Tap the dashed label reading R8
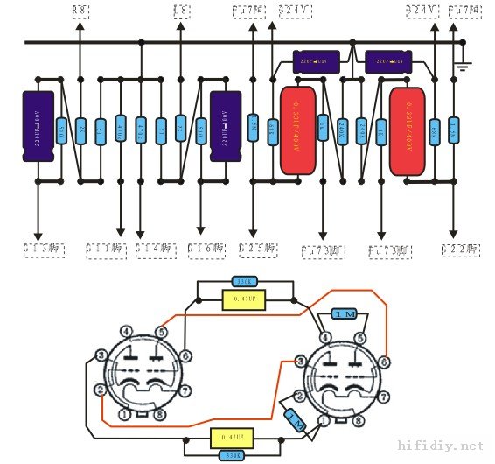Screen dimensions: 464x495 coord(80,10)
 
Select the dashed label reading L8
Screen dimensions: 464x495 coord(181,10)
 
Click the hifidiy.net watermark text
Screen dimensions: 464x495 coord(440,446)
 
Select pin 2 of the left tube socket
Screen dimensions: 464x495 coord(101,389)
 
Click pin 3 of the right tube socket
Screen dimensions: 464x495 coord(300,360)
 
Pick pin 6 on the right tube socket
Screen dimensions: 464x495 coord(385,360)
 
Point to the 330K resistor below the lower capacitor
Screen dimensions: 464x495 coord(231,454)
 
